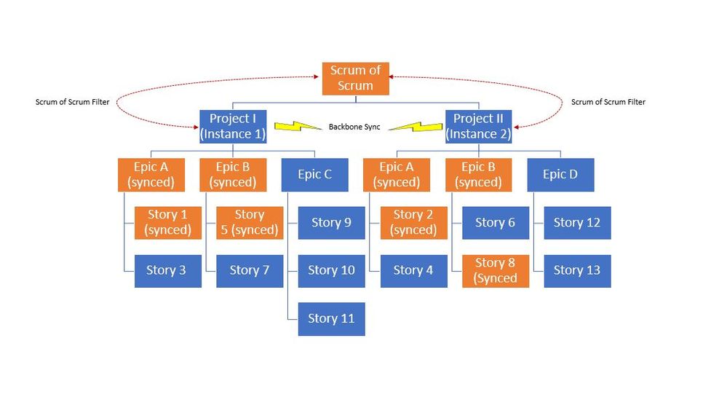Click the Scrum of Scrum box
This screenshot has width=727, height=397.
click(x=356, y=78)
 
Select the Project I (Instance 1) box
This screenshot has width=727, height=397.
click(x=233, y=126)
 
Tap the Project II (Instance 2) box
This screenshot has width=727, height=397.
click(x=478, y=126)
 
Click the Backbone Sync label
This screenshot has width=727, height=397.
click(x=354, y=127)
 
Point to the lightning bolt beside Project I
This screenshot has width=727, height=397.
click(x=298, y=126)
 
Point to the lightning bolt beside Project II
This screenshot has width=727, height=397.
click(x=413, y=126)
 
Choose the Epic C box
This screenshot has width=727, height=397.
click(x=314, y=175)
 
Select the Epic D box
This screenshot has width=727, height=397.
click(x=560, y=175)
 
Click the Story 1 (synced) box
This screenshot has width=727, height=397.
click(x=167, y=222)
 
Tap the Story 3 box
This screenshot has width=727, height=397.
click(x=167, y=270)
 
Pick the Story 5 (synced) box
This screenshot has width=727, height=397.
click(x=249, y=222)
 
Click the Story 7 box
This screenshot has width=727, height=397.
click(x=249, y=270)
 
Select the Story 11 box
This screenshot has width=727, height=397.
click(x=331, y=318)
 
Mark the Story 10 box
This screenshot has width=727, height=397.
click(x=331, y=270)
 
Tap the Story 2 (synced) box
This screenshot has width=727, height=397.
click(x=413, y=222)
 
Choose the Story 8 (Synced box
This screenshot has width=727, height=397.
click(x=496, y=270)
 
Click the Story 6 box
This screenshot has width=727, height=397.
click(x=496, y=222)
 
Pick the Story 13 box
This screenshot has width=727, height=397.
click(x=577, y=270)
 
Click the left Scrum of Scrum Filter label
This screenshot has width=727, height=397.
click(x=72, y=102)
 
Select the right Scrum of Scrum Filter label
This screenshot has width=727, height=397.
click(x=608, y=102)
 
